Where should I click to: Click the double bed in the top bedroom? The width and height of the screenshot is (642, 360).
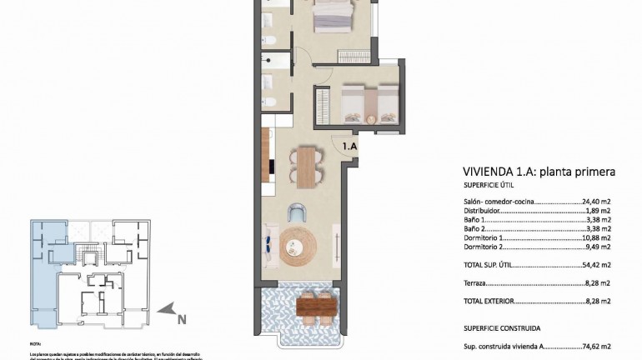(333, 13)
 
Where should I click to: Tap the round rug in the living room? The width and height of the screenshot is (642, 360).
(298, 243)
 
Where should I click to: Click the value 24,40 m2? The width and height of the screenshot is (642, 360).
(597, 202)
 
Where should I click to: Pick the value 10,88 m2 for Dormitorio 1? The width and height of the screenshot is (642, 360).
(597, 237)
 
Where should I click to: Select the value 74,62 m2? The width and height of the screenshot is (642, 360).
(597, 346)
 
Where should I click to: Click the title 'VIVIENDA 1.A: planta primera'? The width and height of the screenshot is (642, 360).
(539, 172)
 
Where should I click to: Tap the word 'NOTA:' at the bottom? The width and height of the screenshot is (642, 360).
(35, 343)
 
